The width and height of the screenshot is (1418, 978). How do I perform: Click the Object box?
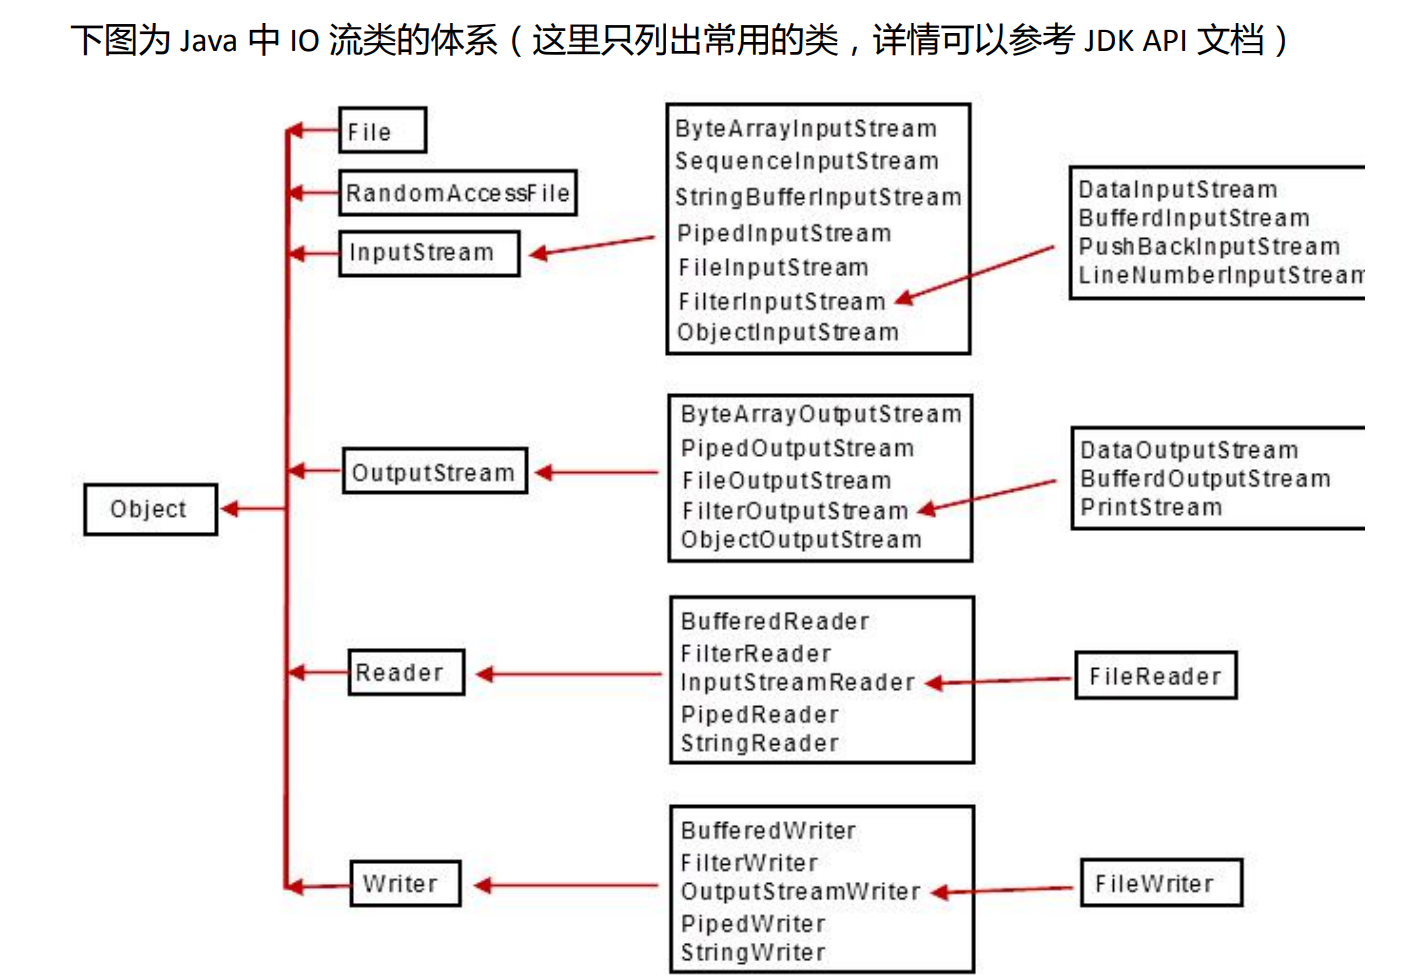[150, 509]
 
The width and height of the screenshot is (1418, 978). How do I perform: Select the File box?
[382, 131]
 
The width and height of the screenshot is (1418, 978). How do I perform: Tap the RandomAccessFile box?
[458, 193]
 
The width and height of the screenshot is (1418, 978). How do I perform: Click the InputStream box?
[429, 253]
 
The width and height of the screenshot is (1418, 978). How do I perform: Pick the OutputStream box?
[434, 472]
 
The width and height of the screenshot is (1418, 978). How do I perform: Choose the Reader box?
[406, 672]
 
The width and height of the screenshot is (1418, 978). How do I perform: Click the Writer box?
[405, 884]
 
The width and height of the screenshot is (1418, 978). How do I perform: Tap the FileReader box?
[1155, 676]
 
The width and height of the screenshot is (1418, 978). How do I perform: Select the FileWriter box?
[1160, 884]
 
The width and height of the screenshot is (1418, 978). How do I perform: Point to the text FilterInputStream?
[781, 302]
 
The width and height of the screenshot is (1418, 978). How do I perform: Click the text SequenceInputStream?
[806, 161]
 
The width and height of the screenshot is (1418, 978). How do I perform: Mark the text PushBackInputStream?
[1208, 247]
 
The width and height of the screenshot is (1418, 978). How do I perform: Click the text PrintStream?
[1151, 508]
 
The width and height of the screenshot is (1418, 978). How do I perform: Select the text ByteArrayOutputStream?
[820, 414]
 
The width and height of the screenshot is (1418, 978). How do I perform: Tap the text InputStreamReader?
[797, 683]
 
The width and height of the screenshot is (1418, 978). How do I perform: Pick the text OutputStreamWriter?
[800, 892]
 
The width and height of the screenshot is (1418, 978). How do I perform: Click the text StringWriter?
[753, 953]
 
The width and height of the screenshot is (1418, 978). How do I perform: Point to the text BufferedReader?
[775, 621]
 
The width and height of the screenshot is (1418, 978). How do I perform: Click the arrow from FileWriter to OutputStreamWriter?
[1005, 890]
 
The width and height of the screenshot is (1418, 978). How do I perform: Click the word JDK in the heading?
[1108, 41]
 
